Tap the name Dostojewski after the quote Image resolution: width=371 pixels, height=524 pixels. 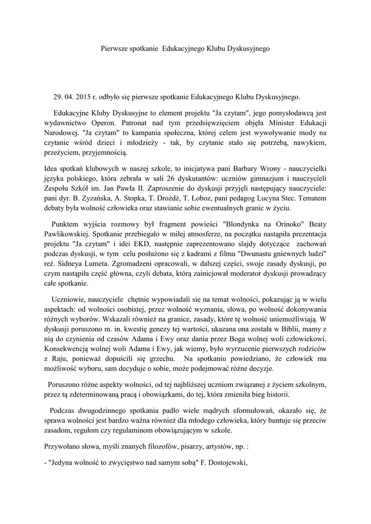tap(228, 463)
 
